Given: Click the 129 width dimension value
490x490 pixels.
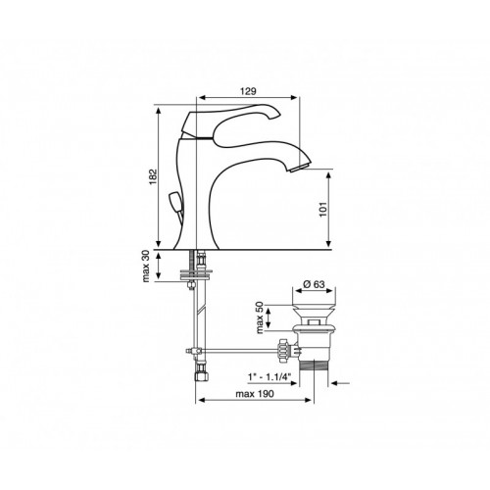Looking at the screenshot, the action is point(248,91).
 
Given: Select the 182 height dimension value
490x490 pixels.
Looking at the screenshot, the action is point(153,177).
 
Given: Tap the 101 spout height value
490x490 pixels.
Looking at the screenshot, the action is point(322,210).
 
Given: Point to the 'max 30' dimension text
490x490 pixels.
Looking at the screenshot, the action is point(146,266).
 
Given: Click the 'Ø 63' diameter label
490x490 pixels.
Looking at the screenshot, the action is point(314,284).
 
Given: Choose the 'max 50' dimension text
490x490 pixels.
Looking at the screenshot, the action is point(260,317).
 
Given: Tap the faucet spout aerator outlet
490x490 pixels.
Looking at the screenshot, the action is point(300,168).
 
